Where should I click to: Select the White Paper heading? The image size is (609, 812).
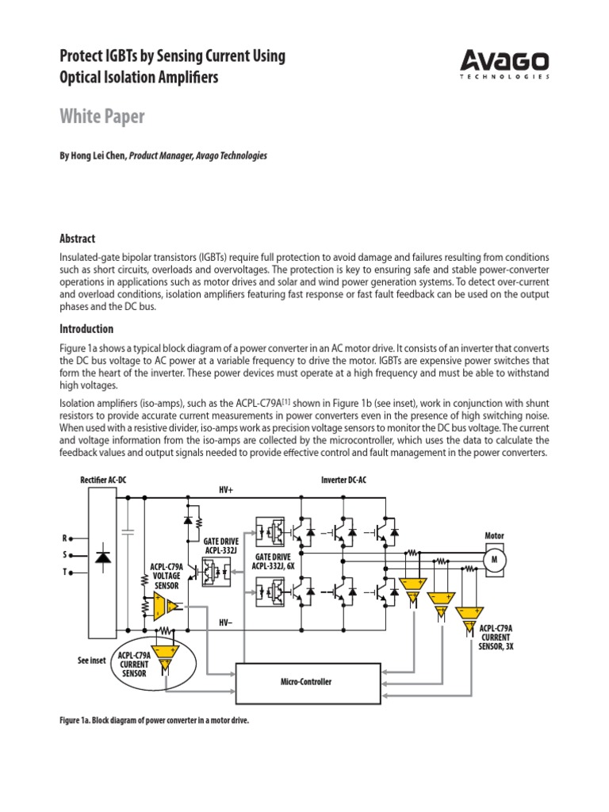coord(102,117)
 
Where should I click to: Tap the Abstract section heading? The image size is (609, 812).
coord(78,239)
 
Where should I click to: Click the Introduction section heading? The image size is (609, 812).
coord(86,329)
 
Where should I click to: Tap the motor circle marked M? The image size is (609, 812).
coord(495,560)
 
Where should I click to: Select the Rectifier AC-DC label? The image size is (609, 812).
coord(103,481)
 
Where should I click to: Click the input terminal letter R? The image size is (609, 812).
coord(65,538)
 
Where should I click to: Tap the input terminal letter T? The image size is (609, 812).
coord(65,572)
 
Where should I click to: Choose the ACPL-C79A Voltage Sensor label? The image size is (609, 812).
coord(167,576)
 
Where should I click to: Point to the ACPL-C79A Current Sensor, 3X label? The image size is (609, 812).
coord(495,637)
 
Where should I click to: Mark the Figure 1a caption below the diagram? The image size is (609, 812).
coord(159,721)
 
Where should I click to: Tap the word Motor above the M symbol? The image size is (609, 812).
coord(494,536)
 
